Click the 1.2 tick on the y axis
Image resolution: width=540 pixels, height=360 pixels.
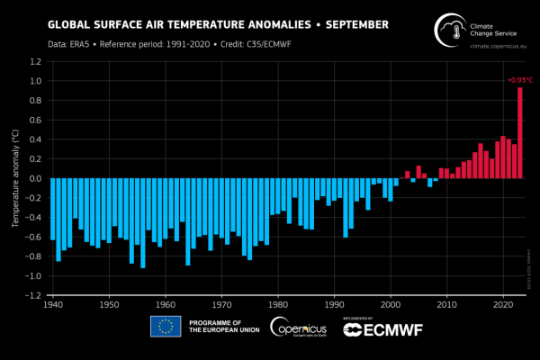point(33,61)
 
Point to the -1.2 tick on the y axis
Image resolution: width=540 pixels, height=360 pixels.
point(31,295)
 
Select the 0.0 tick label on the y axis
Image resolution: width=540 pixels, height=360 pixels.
point(33,178)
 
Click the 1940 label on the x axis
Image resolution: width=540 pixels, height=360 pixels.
point(53,306)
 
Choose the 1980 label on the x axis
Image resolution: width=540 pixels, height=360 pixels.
point(278,306)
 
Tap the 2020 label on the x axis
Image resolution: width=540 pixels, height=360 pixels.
point(502,306)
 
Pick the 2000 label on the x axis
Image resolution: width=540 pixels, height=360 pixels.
point(391,306)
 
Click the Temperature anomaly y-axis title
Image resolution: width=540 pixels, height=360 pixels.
point(13,178)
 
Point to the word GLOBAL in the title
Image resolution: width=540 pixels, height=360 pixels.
point(67,24)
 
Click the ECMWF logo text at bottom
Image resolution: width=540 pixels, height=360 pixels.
point(382,331)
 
